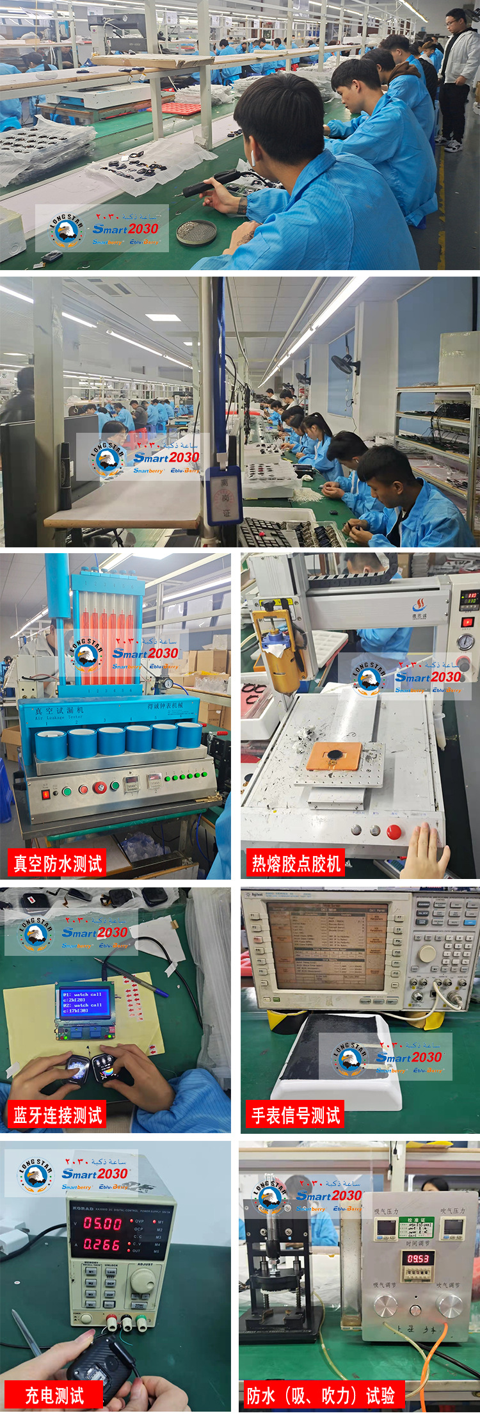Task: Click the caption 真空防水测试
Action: pyautogui.click(x=58, y=864)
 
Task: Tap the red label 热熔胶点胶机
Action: pyautogui.click(x=296, y=864)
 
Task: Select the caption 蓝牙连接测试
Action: pyautogui.click(x=58, y=1115)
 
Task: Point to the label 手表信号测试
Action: pyautogui.click(x=295, y=1115)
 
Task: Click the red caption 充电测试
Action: pyautogui.click(x=54, y=1395)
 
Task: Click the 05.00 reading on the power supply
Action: pyautogui.click(x=102, y=1223)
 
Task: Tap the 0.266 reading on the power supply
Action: pyautogui.click(x=102, y=1245)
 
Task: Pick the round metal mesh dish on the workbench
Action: pyautogui.click(x=196, y=232)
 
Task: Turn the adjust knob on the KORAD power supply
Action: pyautogui.click(x=142, y=1281)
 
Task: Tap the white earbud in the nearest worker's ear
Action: pyautogui.click(x=253, y=157)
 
